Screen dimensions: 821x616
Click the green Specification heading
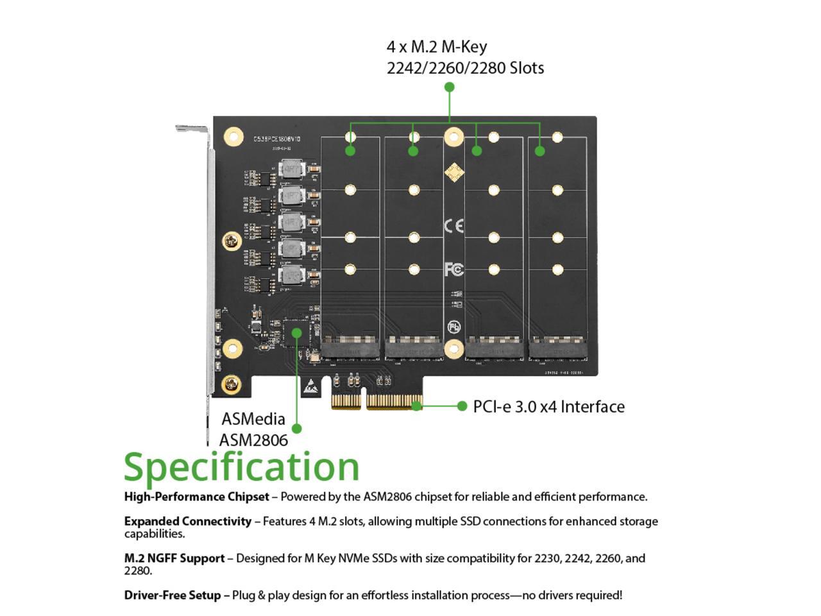(241, 466)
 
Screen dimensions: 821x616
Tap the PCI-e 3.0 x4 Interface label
(548, 407)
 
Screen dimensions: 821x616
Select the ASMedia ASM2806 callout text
(253, 429)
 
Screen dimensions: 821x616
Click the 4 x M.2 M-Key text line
(436, 47)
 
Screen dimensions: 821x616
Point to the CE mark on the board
(453, 226)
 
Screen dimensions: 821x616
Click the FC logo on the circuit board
(453, 269)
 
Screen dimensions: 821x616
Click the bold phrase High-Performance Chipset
(196, 497)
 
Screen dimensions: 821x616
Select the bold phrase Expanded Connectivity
(187, 521)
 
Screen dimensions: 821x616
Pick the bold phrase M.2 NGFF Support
(174, 558)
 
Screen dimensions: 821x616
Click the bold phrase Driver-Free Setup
(172, 595)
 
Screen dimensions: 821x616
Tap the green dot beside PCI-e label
(462, 406)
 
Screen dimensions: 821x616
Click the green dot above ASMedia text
(296, 428)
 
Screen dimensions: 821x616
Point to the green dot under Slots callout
(450, 87)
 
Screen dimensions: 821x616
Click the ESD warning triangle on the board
(310, 387)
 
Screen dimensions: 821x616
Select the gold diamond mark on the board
(453, 172)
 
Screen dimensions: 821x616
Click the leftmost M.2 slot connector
(350, 348)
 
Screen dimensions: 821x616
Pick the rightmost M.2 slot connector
(557, 348)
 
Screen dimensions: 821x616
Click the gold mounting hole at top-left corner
(233, 137)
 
